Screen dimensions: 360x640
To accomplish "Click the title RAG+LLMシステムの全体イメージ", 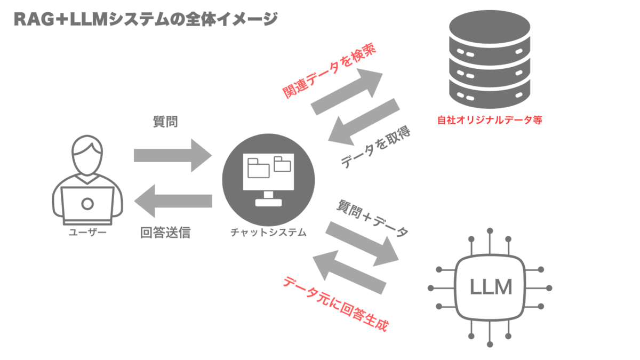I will pos(145,19).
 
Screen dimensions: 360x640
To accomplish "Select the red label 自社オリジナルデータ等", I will pos(490,121).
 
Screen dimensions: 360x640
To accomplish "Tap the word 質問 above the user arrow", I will pos(165,122).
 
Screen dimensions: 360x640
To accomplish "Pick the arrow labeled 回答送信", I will pos(173,201).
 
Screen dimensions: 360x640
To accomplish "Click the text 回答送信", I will pos(165,233).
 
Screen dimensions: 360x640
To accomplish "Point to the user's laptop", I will pos(87,205).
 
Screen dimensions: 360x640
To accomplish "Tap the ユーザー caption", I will pos(87,233).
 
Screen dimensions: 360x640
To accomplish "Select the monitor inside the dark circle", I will pos(268,176).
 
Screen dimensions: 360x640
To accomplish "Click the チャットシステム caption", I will pos(268,233).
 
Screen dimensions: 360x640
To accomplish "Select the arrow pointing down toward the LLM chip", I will pos(363,243).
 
